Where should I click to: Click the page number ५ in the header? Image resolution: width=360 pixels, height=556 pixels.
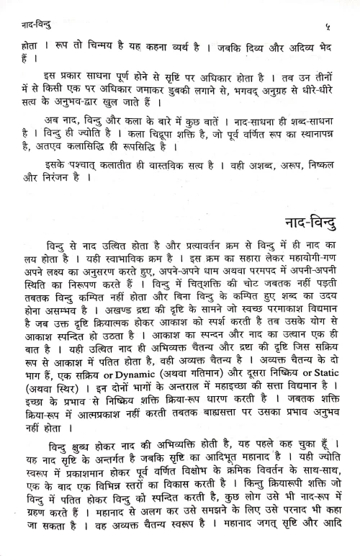click(x=336, y=10)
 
